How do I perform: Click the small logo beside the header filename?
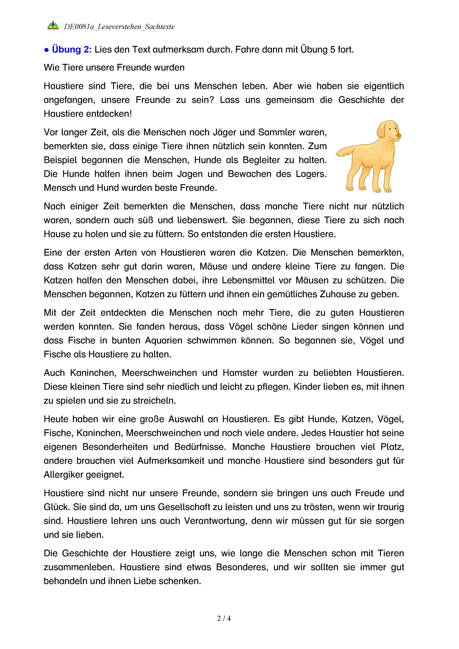(53, 26)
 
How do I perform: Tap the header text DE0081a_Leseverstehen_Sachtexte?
(119, 27)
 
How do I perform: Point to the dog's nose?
(398, 136)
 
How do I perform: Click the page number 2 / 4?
(224, 618)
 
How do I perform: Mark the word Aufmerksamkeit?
(171, 461)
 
